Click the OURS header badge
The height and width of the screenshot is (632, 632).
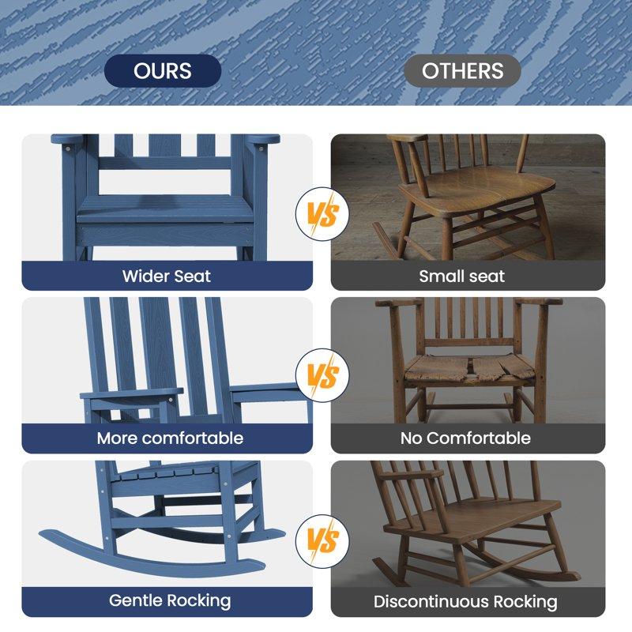pos(162,70)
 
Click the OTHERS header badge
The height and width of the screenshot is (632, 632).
pos(462,70)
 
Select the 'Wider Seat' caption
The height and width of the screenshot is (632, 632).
pos(167,276)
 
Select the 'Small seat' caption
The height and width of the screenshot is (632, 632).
pos(462,276)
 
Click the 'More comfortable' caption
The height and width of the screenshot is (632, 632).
pos(170,438)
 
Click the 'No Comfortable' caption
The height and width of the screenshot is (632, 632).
pos(465,438)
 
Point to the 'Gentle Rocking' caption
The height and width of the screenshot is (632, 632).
pos(170,600)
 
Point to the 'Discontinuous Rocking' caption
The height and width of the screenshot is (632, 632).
pos(465,602)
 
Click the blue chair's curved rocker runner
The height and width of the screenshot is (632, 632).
pos(158,562)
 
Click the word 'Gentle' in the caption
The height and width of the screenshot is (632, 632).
pos(134,600)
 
